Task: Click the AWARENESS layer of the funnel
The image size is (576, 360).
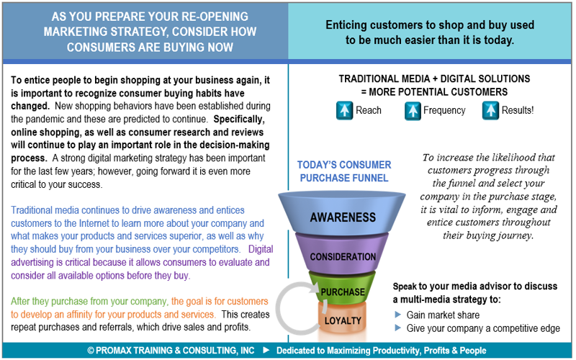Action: [343, 216]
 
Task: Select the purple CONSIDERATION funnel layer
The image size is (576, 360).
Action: [343, 256]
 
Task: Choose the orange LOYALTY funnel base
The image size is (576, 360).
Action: [343, 320]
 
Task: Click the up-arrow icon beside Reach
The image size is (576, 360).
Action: [343, 111]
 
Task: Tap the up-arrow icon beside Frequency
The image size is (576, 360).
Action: [413, 111]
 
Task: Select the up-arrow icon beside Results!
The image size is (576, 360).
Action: [490, 111]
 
